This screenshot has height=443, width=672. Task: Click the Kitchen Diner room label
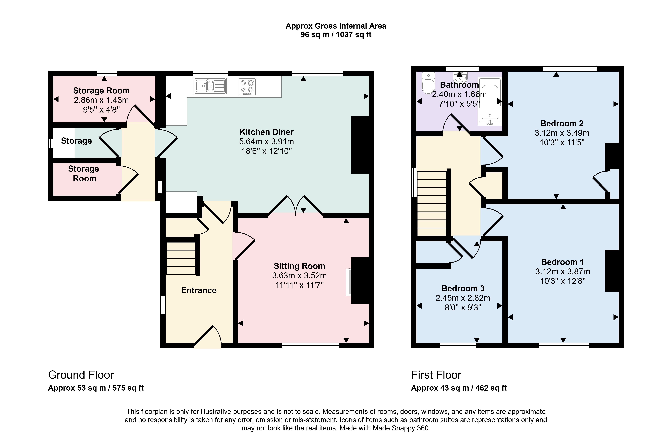click(267, 132)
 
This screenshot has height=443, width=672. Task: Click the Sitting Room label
click(299, 266)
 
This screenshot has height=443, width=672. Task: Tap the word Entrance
click(199, 290)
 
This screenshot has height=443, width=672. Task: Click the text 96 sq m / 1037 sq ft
click(336, 35)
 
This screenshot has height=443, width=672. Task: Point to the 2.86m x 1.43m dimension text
click(101, 100)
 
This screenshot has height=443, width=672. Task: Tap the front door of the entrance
click(207, 337)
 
